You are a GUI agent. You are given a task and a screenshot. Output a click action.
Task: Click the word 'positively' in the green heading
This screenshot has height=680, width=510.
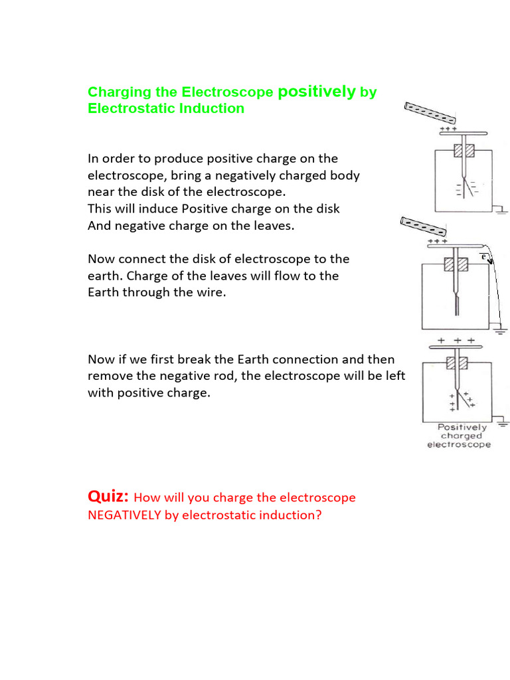coord(317,92)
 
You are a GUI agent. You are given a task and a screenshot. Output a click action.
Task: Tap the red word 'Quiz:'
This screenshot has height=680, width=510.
coord(108,496)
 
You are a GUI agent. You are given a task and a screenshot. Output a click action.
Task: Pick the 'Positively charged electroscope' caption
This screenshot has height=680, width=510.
coord(459,436)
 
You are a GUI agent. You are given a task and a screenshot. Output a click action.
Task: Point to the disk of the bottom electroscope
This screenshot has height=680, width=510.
coord(454,347)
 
